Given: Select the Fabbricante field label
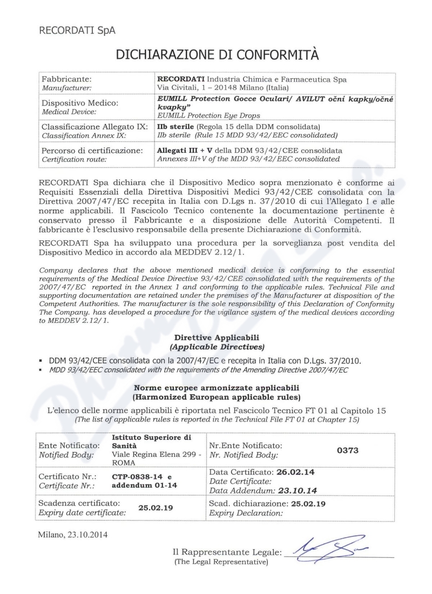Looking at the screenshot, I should click(x=68, y=79).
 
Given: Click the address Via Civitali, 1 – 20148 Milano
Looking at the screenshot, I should click(x=223, y=87).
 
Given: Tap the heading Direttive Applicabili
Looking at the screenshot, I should click(x=215, y=337).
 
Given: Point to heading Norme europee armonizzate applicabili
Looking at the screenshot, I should click(x=215, y=387).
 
